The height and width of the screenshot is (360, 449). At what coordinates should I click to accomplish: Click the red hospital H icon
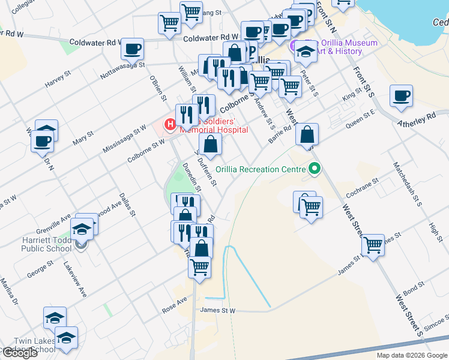click(x=170, y=125)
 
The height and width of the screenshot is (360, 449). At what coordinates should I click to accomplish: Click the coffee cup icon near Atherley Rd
click(x=401, y=96)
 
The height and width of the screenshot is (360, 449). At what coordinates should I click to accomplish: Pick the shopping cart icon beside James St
click(x=373, y=245)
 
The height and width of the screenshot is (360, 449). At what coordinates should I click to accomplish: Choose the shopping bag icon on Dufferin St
click(x=210, y=144)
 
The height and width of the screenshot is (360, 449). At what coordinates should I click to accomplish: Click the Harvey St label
click(x=58, y=81)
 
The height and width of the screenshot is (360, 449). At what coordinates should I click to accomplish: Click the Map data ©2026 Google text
click(x=411, y=355)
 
